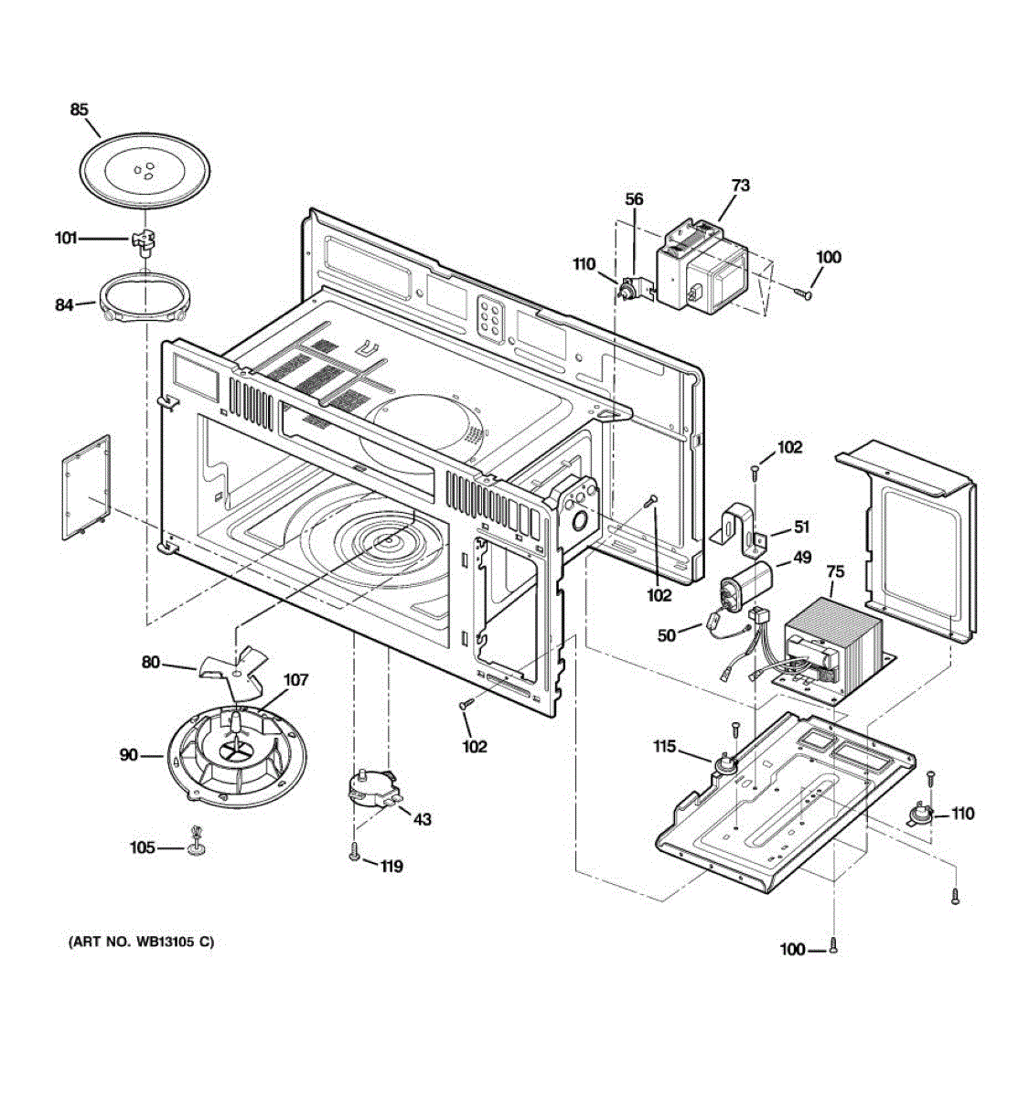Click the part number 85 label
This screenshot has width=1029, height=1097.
point(80,110)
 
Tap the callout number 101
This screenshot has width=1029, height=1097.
point(66,239)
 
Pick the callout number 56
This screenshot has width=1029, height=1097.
point(634,199)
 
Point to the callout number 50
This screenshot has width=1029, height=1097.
point(667,634)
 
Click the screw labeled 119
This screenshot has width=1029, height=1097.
point(354,856)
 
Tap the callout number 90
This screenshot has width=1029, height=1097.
point(129,755)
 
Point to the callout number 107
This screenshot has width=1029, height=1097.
point(295,680)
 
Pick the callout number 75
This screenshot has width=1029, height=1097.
point(835,572)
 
